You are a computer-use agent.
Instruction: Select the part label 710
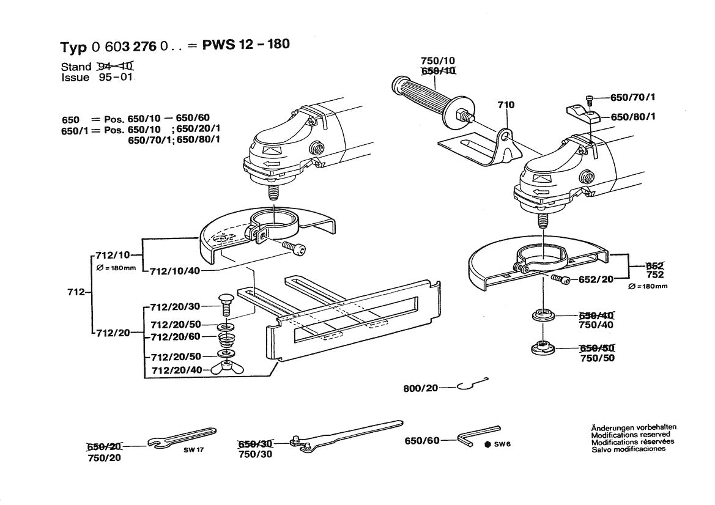506,105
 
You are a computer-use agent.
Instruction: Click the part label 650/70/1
634,98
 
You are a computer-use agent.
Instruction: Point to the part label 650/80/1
634,117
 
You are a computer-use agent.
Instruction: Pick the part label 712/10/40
174,270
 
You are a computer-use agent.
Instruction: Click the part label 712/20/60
176,337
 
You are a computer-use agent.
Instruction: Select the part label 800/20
421,388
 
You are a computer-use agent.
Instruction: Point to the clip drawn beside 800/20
472,384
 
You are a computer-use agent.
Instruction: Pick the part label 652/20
596,279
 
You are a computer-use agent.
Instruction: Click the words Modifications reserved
630,434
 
